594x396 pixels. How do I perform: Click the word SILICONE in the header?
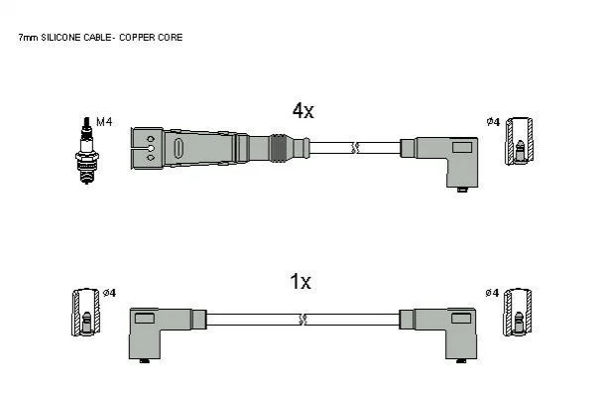[x=61, y=37]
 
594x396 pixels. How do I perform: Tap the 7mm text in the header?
[x=28, y=38]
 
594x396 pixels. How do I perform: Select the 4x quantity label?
[x=303, y=111]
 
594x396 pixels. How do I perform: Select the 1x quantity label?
[x=300, y=282]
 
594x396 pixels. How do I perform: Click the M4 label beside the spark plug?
[x=104, y=122]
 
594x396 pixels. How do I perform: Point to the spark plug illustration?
[x=86, y=150]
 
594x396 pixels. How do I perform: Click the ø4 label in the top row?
[x=493, y=122]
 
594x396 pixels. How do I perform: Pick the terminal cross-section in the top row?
[x=520, y=141]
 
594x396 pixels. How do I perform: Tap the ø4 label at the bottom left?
[x=109, y=293]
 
